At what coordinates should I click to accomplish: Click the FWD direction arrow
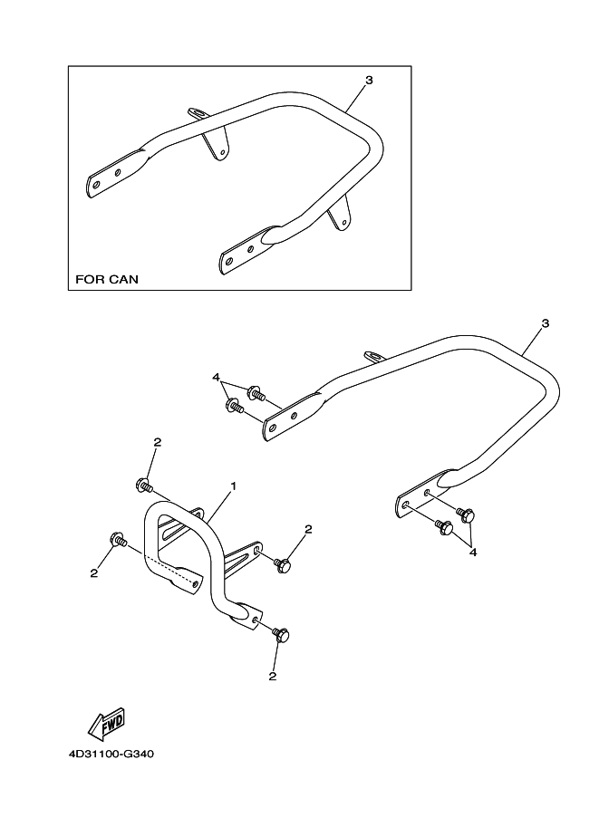105,722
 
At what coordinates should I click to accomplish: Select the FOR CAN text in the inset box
106,279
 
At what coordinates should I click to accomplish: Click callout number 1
233,486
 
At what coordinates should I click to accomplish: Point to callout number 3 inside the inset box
368,81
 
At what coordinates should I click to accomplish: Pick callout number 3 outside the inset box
544,323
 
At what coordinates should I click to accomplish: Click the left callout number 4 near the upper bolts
216,376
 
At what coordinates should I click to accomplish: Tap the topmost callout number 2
157,442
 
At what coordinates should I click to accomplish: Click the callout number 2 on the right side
308,529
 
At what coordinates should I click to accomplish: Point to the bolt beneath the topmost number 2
143,484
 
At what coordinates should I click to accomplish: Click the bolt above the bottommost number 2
280,635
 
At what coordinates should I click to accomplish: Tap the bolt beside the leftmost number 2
117,540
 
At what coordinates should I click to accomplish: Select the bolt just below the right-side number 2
282,564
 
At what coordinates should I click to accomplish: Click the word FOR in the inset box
88,279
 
